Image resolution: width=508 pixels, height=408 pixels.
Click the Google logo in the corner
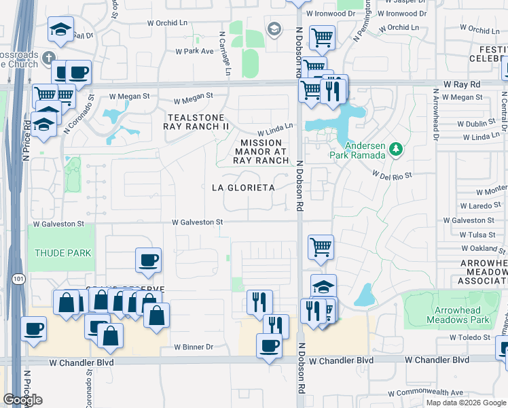coord(22,400)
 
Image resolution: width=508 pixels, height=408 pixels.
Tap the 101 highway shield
coord(16,278)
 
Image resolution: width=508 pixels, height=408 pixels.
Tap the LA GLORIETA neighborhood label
coord(243,187)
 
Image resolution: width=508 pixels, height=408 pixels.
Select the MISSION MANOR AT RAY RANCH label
coord(260,152)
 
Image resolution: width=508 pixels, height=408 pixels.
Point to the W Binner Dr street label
coord(194,347)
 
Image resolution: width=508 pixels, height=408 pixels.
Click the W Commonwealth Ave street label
coord(425,393)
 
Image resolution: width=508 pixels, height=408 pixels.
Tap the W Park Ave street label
coord(194,51)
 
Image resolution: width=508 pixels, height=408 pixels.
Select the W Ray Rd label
coord(462,84)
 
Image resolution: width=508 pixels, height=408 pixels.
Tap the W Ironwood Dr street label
coord(330,13)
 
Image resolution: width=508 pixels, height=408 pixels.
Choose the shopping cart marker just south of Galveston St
coord(320,247)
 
